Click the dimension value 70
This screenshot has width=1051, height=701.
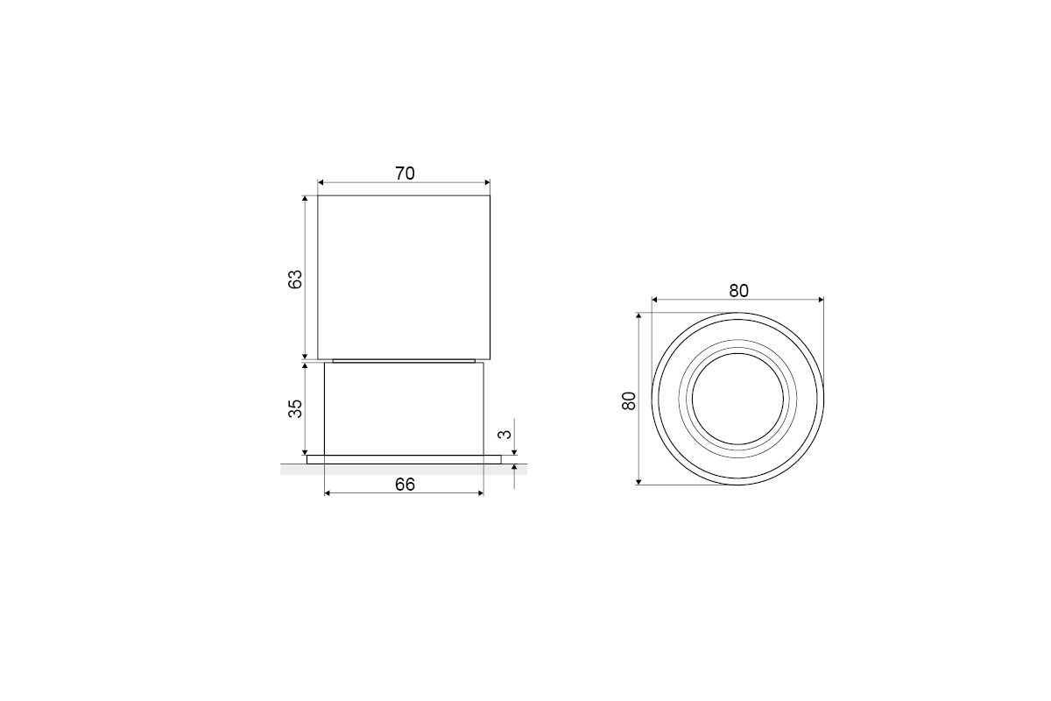405,173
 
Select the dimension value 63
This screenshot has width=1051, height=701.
295,279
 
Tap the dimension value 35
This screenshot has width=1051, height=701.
295,408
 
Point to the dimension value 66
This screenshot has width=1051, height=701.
405,485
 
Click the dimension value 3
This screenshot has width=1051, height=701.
504,434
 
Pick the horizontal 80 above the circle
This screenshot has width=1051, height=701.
738,291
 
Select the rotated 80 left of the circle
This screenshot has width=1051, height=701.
629,401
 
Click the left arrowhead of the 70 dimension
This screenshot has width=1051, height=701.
321,182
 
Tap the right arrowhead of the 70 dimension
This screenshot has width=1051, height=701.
487,182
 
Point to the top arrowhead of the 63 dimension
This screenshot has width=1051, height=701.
305,198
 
